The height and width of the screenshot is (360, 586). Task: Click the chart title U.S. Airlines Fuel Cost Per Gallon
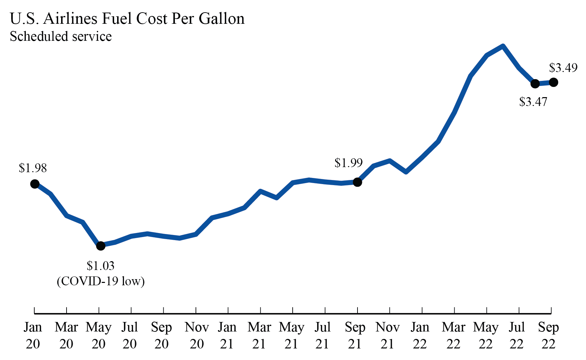(x=127, y=19)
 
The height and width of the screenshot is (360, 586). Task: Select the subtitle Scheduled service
(x=60, y=36)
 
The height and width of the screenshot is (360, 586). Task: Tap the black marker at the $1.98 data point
(x=35, y=184)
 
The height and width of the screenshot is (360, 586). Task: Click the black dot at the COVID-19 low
(x=100, y=246)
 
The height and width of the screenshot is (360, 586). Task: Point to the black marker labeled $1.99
(x=357, y=182)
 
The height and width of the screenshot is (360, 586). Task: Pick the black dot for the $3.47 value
(x=535, y=84)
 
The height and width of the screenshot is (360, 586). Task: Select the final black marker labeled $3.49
(x=553, y=82)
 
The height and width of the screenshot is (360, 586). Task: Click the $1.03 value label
(x=100, y=266)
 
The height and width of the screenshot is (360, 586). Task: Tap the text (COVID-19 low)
(x=100, y=281)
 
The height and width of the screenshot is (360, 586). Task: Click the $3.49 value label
(x=563, y=68)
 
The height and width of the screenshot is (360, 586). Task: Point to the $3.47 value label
(x=533, y=102)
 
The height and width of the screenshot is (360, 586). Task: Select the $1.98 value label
(x=33, y=168)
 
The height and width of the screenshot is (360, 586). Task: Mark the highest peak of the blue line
(x=503, y=46)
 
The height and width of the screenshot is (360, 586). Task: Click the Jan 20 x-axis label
(x=33, y=336)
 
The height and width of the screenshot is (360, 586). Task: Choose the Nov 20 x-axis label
(x=196, y=336)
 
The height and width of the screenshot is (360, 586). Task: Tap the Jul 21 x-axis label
(x=322, y=336)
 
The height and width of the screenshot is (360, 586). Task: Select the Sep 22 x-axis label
(x=548, y=336)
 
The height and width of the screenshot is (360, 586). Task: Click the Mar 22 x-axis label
(x=453, y=336)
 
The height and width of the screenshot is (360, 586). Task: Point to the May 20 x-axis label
(x=98, y=336)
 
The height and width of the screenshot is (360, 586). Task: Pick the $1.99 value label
(x=348, y=163)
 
